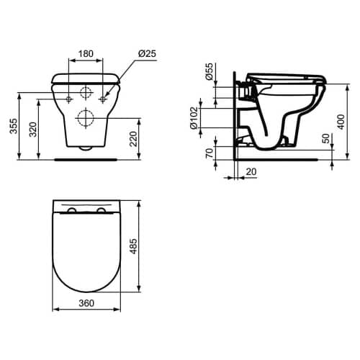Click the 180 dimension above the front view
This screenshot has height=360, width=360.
pyautogui.click(x=86, y=53)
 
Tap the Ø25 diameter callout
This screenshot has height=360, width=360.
pyautogui.click(x=146, y=53)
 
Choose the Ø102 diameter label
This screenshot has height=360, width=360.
pyautogui.click(x=195, y=118)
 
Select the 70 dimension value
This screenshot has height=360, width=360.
pyautogui.click(x=210, y=154)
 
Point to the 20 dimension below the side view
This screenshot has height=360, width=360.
pyautogui.click(x=250, y=171)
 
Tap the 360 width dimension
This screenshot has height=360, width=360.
pyautogui.click(x=86, y=304)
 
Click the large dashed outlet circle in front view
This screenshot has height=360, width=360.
pyautogui.click(x=86, y=118)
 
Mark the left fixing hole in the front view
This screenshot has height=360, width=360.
pyautogui.click(x=68, y=98)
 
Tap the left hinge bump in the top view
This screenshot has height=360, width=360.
pyautogui.click(x=72, y=210)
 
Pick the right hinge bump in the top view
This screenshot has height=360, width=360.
pyautogui.click(x=99, y=210)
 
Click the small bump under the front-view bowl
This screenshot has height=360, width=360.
pyautogui.click(x=86, y=148)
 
